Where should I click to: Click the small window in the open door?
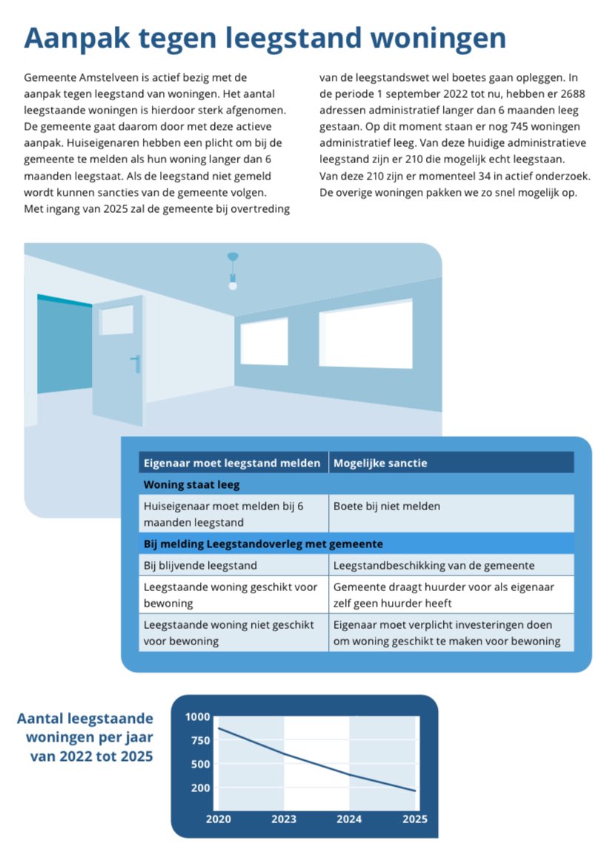coord(116,320)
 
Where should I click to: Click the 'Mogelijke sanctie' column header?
coord(381,464)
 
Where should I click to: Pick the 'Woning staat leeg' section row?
coord(191,485)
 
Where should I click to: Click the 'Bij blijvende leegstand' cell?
coord(200,566)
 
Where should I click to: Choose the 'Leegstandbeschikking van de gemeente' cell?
coord(434,566)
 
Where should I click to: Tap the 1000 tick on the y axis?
coord(198,717)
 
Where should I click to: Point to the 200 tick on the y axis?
coord(201,788)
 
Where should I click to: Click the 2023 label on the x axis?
coord(284,819)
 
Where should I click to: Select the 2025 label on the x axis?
coord(415,819)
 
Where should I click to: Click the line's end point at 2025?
coord(415,791)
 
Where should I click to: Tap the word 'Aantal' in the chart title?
coord(41,719)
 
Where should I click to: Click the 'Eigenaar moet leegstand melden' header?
coord(232,464)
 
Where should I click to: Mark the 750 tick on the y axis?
coord(201,740)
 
